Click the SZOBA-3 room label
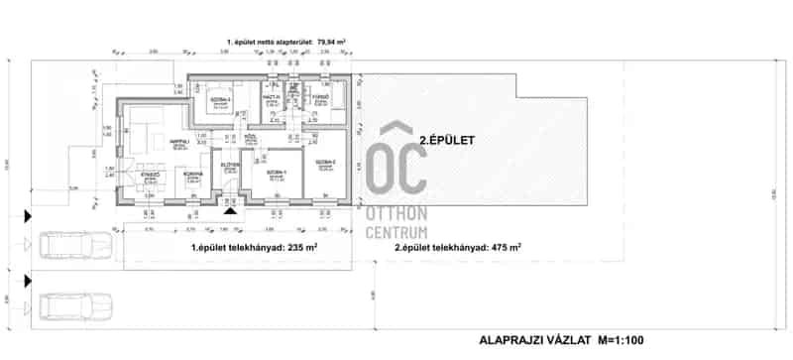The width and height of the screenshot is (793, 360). (x=219, y=99)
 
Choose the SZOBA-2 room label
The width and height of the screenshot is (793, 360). (x=325, y=162)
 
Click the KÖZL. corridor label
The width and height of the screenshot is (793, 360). (x=250, y=137)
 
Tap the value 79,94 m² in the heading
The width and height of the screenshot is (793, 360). (x=328, y=43)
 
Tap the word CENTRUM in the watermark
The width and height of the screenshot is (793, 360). (x=400, y=233)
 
